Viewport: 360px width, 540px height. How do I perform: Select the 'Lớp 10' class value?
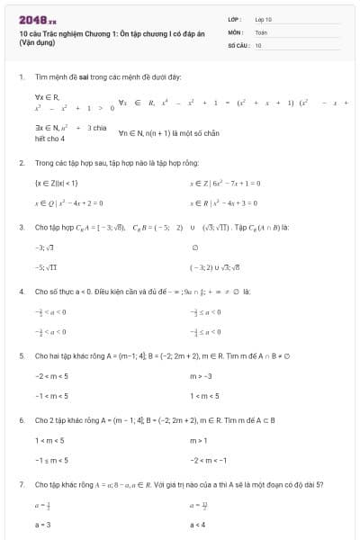point(263,18)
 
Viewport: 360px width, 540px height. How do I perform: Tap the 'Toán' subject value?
point(261,31)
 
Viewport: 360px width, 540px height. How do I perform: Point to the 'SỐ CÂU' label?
point(237,44)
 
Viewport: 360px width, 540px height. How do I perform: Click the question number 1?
point(21,76)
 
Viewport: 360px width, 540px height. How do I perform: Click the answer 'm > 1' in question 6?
point(199,440)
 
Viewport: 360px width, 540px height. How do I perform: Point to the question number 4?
point(21,292)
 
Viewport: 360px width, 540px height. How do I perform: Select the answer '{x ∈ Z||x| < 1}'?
point(58,182)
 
